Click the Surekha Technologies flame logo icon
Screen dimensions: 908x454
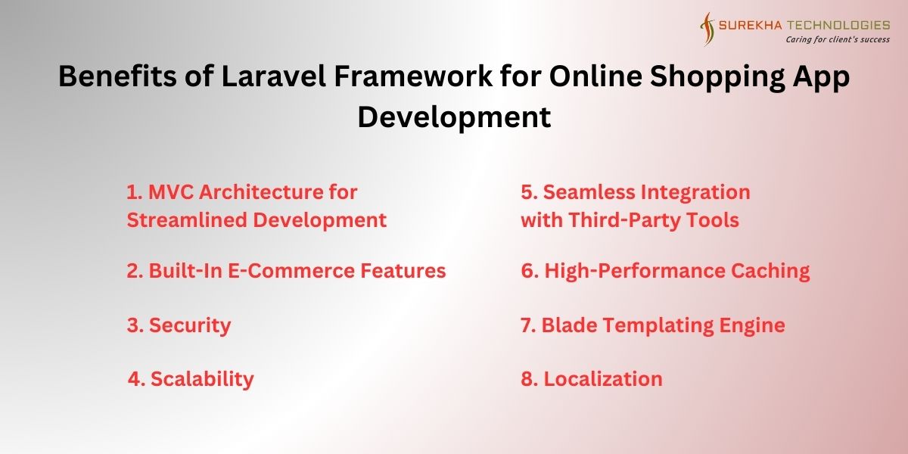pyautogui.click(x=707, y=29)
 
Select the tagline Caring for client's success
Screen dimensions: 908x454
pyautogui.click(x=838, y=39)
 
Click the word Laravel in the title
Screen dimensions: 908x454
pyautogui.click(x=274, y=76)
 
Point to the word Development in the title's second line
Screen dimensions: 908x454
pyautogui.click(x=454, y=117)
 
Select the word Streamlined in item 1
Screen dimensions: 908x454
pyautogui.click(x=188, y=220)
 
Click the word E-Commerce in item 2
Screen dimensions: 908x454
pyautogui.click(x=291, y=270)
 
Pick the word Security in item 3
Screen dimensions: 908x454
pyautogui.click(x=190, y=325)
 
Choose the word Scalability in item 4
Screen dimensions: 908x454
pyautogui.click(x=202, y=379)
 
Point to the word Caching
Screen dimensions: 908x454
pyautogui.click(x=770, y=271)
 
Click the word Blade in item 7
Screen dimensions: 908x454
pyautogui.click(x=569, y=325)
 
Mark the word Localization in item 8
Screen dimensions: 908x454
pyautogui.click(x=603, y=379)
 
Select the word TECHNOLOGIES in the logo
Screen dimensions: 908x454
pyautogui.click(x=838, y=25)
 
